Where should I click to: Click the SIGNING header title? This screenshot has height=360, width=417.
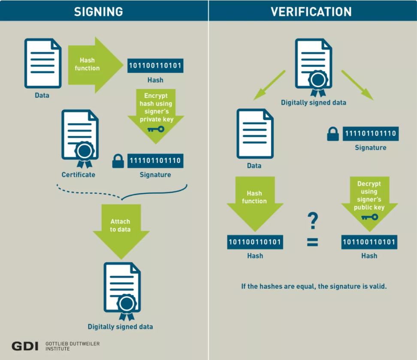98,12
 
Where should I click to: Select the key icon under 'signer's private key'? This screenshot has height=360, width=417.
155,129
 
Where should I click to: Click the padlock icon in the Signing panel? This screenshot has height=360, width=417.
118,161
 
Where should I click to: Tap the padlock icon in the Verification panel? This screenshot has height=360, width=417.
333,134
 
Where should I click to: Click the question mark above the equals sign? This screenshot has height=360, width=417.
313,221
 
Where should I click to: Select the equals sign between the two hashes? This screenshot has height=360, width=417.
312,243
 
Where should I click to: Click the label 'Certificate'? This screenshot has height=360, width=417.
79,175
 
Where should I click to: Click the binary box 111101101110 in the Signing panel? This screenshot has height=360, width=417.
155,161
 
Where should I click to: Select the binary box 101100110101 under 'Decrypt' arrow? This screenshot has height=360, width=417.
369,242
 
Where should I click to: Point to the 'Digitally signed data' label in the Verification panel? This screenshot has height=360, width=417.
313,103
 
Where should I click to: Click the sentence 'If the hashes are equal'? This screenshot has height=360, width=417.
314,286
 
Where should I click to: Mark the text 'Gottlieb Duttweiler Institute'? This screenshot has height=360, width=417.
72,346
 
